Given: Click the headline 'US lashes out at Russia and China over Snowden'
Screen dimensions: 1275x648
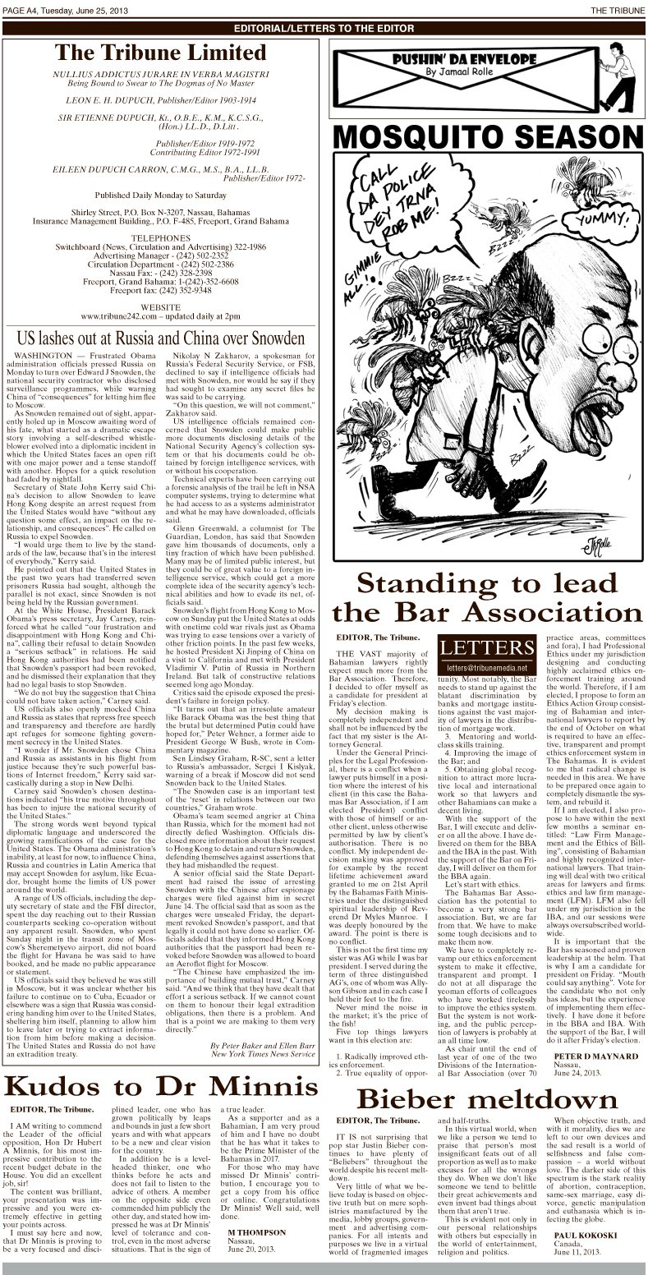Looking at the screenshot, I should (161, 338).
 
